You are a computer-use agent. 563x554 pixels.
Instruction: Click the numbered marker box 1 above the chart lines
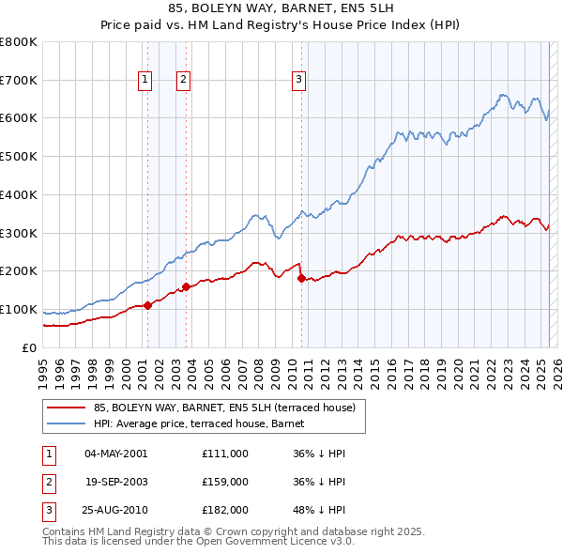(x=146, y=81)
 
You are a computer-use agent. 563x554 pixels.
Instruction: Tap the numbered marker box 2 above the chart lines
(x=183, y=81)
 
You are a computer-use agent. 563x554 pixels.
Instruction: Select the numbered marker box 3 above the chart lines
(x=298, y=81)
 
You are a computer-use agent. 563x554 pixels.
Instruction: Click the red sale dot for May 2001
(x=147, y=305)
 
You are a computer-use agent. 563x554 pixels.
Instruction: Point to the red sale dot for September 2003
(x=187, y=286)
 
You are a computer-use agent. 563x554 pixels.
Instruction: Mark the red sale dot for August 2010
(x=301, y=278)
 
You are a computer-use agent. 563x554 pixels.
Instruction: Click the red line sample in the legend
(x=67, y=408)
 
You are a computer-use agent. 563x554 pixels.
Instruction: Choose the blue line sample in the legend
(x=67, y=423)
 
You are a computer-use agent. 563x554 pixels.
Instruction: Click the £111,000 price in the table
(x=224, y=454)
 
